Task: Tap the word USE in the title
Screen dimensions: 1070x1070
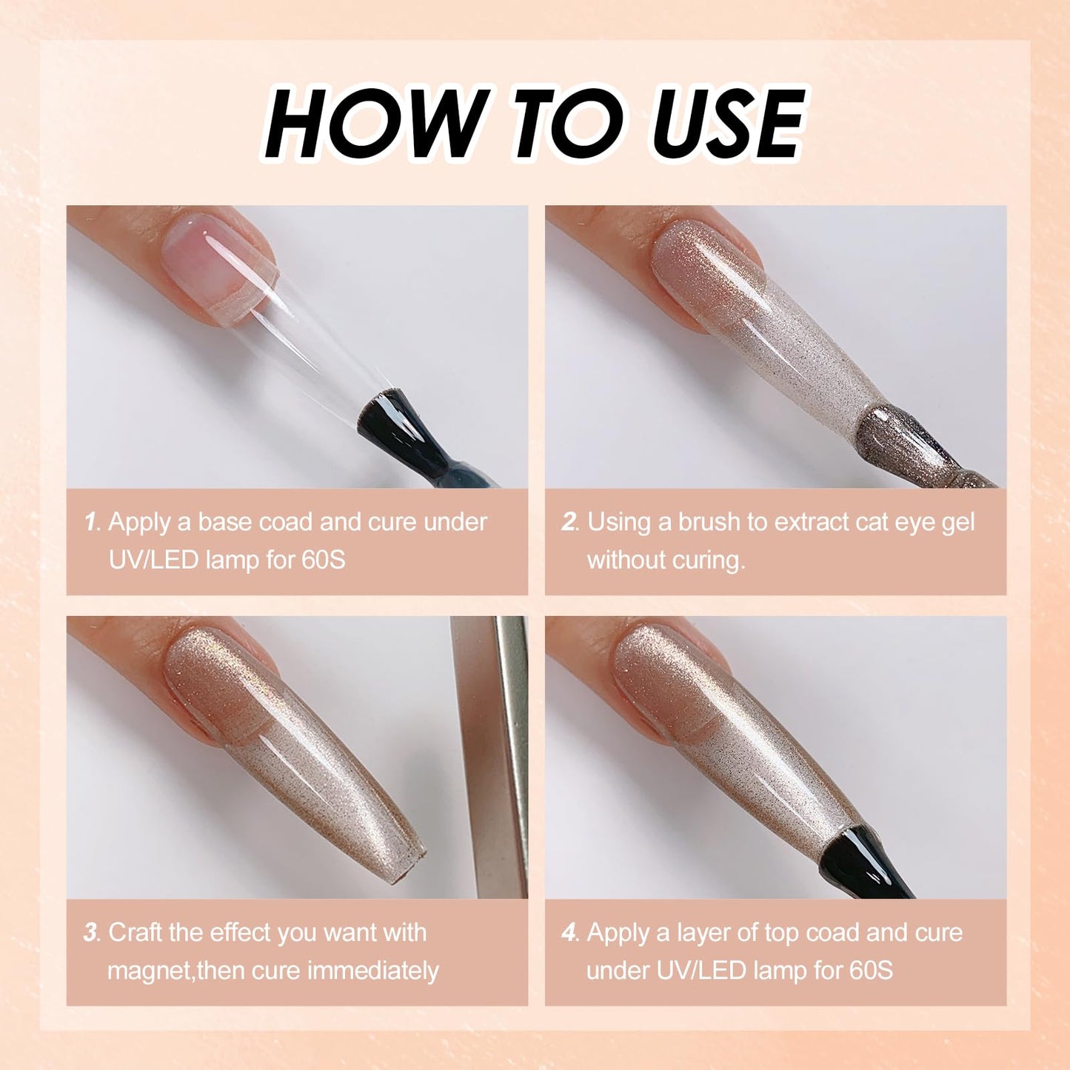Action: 727,123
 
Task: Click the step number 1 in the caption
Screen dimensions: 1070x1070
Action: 91,523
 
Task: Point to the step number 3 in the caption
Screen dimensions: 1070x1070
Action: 91,933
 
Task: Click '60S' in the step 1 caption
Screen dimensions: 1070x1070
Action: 323,560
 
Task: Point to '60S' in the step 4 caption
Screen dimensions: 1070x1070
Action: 871,970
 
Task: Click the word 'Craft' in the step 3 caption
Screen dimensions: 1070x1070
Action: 136,933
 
